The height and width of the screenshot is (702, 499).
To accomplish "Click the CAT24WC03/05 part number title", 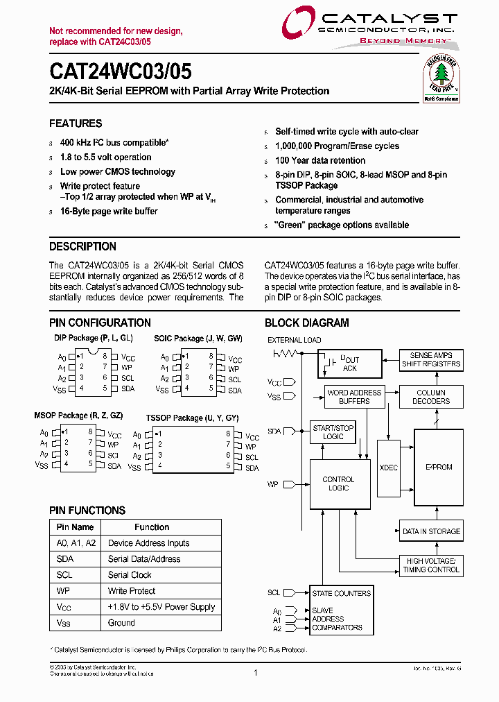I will (121, 71).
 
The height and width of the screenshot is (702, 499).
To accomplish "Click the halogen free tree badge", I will (441, 78).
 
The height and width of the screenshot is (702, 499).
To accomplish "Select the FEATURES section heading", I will (76, 123).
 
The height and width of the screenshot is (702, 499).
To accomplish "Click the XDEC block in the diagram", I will (389, 467).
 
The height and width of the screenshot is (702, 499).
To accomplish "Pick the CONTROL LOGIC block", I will (338, 483).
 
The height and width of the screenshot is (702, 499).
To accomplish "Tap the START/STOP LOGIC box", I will (333, 432).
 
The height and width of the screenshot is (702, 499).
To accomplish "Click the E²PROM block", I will (438, 467).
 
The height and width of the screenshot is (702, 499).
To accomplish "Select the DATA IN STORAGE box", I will (431, 531).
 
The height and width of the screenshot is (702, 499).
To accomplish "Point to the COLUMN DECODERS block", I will (431, 397).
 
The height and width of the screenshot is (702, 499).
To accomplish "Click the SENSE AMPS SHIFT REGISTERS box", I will (430, 359).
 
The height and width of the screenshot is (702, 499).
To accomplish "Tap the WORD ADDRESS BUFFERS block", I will (354, 397).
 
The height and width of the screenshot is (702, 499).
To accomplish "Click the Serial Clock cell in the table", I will (130, 575).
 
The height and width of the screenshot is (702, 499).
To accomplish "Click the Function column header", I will (152, 527).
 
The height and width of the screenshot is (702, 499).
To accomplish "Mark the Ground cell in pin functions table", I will (121, 623).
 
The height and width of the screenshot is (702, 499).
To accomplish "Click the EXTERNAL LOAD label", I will (295, 340).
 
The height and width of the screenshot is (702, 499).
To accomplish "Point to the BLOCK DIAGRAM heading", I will (306, 323).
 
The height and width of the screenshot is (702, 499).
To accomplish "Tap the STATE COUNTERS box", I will (341, 593).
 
